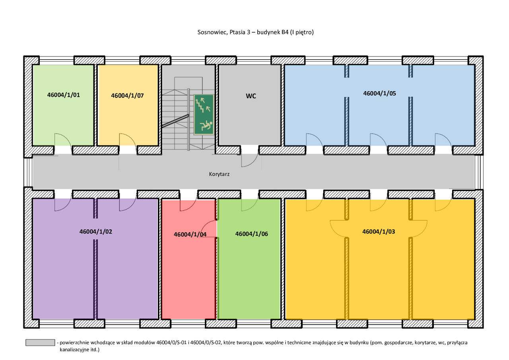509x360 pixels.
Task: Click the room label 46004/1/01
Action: pyautogui.click(x=64, y=95)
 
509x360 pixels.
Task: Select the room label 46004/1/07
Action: pyautogui.click(x=128, y=95)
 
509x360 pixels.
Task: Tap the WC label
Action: pyautogui.click(x=251, y=96)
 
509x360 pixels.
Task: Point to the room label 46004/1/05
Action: pyautogui.click(x=379, y=93)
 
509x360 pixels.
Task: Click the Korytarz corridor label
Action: pyautogui.click(x=219, y=174)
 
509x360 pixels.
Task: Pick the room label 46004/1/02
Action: pyautogui.click(x=96, y=232)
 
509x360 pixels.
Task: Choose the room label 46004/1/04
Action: pyautogui.click(x=190, y=234)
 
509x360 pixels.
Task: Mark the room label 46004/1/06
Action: pyautogui.click(x=252, y=234)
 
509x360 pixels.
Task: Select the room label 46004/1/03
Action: pyautogui.click(x=379, y=232)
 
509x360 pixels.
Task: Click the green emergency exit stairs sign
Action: pyautogui.click(x=204, y=115)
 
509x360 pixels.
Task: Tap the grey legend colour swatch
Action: pyautogui.click(x=40, y=342)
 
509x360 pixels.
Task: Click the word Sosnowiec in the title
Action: pyautogui.click(x=212, y=32)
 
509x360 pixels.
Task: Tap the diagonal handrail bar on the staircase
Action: pyautogui.click(x=175, y=121)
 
